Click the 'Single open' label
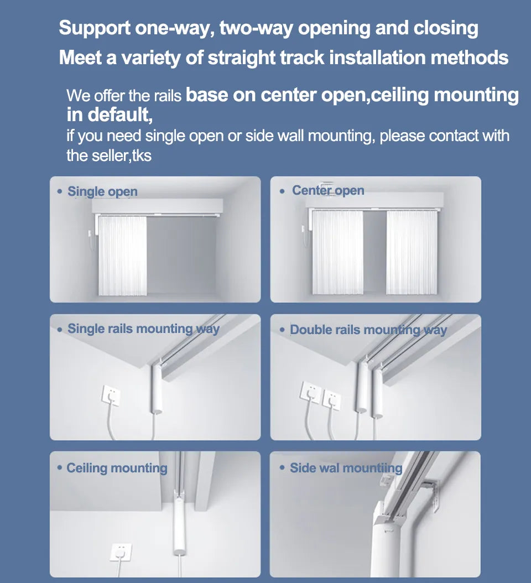(x=102, y=191)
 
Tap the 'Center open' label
(x=328, y=190)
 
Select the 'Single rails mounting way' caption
(x=143, y=329)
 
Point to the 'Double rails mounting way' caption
(x=368, y=330)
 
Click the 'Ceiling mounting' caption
(x=117, y=468)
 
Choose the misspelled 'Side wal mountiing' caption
(x=346, y=468)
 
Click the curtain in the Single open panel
(x=122, y=256)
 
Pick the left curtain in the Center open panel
(x=337, y=252)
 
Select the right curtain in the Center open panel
(x=412, y=252)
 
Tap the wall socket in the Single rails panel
(x=111, y=396)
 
